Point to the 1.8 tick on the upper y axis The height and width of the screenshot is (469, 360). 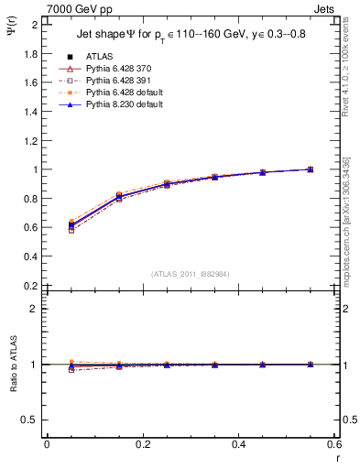click(31, 53)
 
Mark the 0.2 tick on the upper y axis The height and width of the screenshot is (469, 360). click(31, 285)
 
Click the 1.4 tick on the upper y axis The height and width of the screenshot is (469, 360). click(31, 111)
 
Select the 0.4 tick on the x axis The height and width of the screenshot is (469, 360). click(238, 444)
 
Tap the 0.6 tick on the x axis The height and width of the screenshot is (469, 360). click(333, 444)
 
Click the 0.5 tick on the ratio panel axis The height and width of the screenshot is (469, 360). click(31, 420)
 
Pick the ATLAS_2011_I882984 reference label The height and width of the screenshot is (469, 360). click(191, 274)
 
